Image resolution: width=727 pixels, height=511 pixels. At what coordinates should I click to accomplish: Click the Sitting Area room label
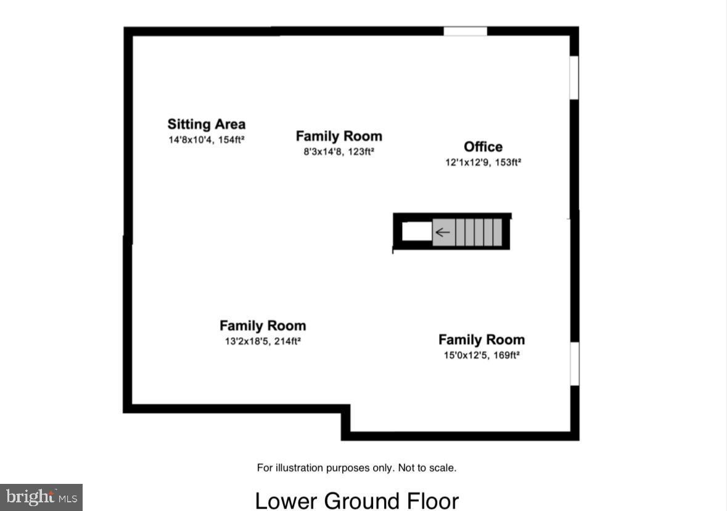coord(206,124)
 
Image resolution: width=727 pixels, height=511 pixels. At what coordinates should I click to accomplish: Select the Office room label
coord(483,147)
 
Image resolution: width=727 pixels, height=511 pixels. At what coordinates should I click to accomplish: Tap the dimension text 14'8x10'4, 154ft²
coord(206,140)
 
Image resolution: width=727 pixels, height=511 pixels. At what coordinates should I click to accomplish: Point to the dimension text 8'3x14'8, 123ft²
coord(339,152)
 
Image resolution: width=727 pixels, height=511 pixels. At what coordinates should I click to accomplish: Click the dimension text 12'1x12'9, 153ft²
coord(483,163)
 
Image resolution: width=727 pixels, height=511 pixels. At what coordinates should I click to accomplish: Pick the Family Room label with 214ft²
coord(263,325)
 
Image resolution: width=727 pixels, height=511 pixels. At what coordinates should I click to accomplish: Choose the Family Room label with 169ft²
coord(481,340)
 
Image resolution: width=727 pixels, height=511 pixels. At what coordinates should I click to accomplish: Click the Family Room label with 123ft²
coord(339,136)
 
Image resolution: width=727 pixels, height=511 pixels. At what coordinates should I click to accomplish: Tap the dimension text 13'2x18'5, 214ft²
coord(263,341)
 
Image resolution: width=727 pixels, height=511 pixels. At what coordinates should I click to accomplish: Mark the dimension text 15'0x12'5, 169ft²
coord(481,355)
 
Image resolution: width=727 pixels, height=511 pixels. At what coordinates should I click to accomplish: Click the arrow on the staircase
coord(443,232)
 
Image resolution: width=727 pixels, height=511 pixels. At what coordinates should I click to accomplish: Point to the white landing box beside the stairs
coord(417,232)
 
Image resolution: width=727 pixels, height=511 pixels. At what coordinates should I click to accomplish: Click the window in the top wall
coord(465,31)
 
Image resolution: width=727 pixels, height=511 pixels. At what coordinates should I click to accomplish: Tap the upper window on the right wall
coord(573,78)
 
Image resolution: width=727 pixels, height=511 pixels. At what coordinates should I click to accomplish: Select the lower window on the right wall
coord(574,364)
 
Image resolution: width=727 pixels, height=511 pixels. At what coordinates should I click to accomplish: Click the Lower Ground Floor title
coord(356,500)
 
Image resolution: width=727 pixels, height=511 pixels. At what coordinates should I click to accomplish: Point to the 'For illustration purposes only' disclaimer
coord(356,468)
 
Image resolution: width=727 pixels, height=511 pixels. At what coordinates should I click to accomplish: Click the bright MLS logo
coord(41,497)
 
